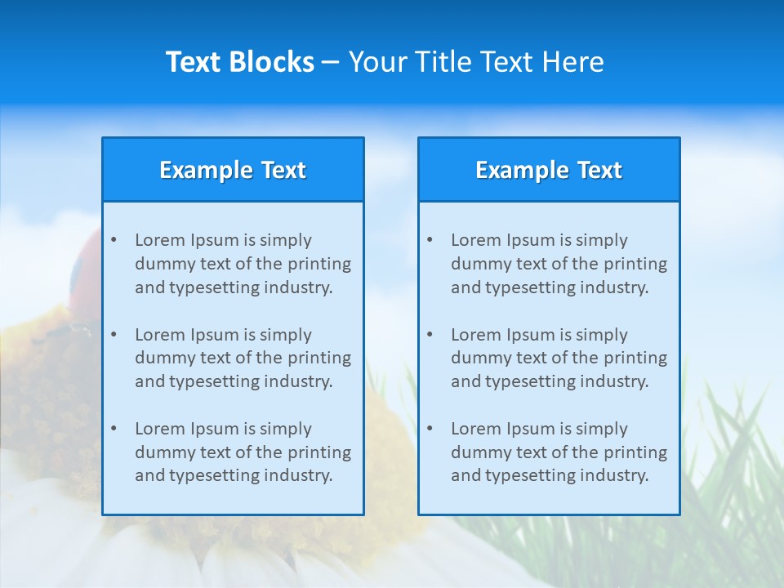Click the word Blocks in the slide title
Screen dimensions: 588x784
point(273,62)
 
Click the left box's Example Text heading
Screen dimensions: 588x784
point(233,170)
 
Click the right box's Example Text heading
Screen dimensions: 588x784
point(549,170)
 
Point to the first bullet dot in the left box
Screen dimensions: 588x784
point(114,240)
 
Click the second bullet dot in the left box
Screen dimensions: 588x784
point(114,335)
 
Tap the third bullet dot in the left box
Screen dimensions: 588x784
point(114,429)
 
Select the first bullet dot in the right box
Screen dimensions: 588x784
point(430,240)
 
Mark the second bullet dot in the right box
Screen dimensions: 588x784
point(430,335)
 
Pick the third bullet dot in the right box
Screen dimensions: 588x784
point(430,429)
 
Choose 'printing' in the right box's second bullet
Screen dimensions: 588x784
point(636,358)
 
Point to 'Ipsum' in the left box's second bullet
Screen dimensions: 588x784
point(213,335)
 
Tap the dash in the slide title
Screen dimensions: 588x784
point(331,62)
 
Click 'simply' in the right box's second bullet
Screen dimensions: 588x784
point(602,335)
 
